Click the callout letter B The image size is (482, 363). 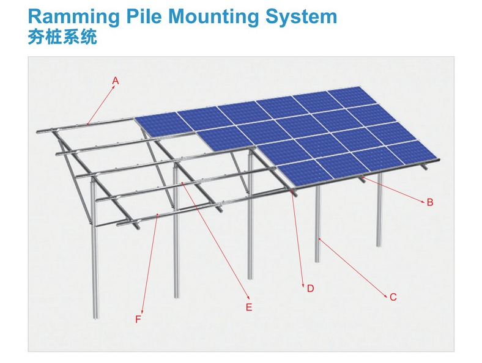[429, 202]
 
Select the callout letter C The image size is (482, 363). [393, 297]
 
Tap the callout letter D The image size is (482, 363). [310, 288]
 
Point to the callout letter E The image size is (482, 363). [249, 307]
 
